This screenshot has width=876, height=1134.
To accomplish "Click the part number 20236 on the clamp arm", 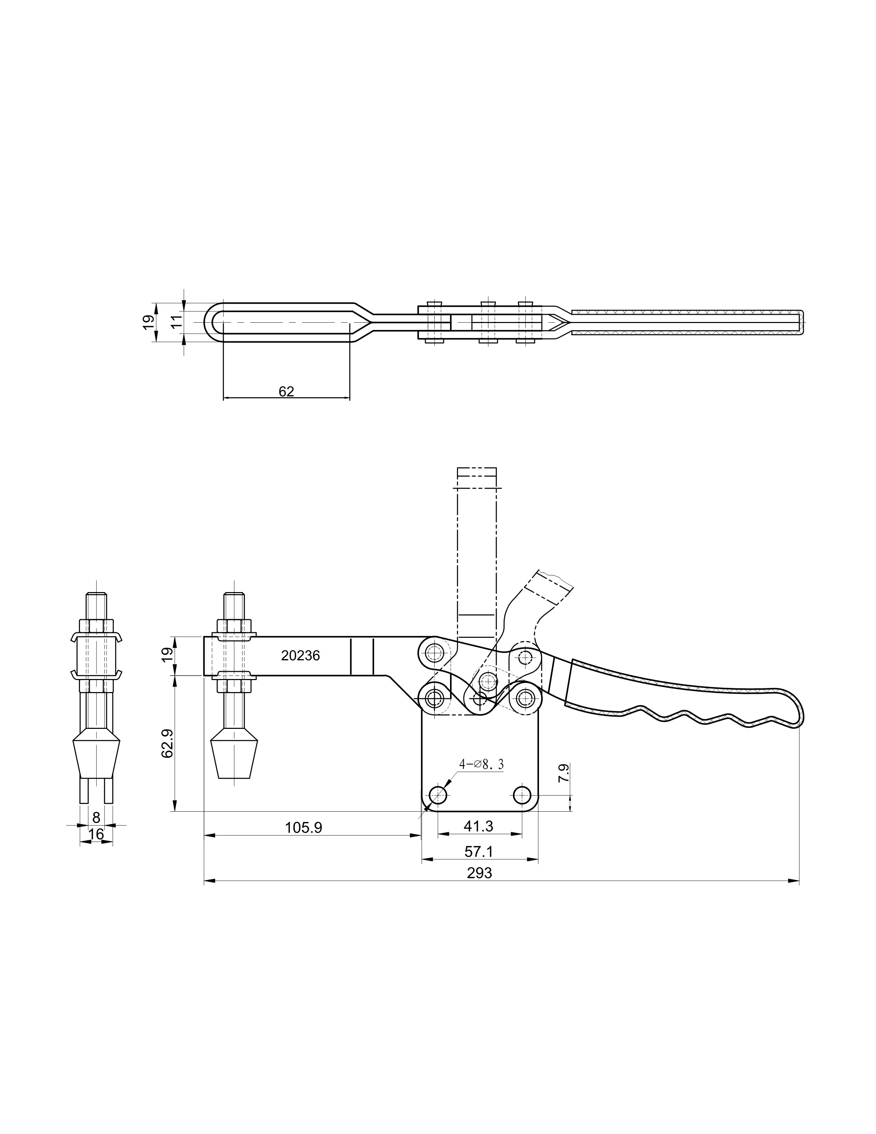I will pyautogui.click(x=301, y=656).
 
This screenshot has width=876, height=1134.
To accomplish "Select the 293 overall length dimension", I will pyautogui.click(x=479, y=873).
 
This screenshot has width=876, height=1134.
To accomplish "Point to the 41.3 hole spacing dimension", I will pyautogui.click(x=479, y=825).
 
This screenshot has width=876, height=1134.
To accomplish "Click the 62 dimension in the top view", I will pyautogui.click(x=286, y=391).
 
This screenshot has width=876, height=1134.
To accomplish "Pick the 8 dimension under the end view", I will pyautogui.click(x=96, y=817).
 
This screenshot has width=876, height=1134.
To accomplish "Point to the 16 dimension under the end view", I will pyautogui.click(x=96, y=834).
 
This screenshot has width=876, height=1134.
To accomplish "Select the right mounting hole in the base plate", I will pyautogui.click(x=522, y=794).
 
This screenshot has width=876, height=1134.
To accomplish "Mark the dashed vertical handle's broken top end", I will pyautogui.click(x=476, y=478).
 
